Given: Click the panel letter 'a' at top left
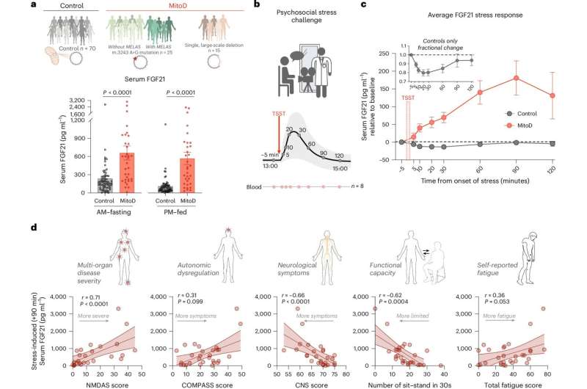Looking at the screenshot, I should pos(5,7).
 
